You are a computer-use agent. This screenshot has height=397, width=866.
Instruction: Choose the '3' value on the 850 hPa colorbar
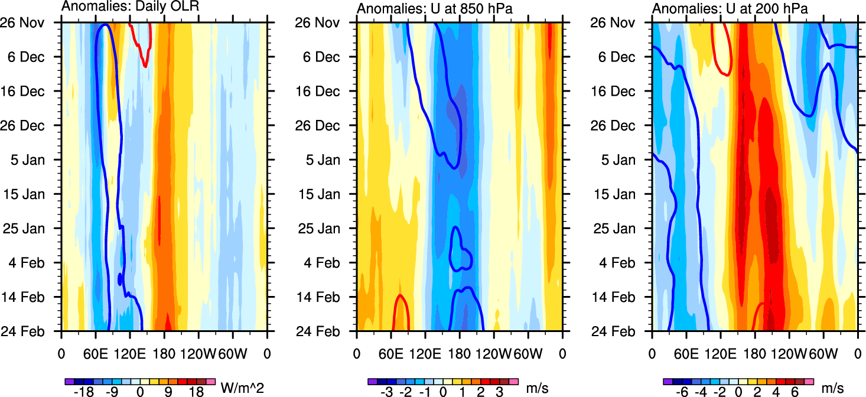pos(500,392)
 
